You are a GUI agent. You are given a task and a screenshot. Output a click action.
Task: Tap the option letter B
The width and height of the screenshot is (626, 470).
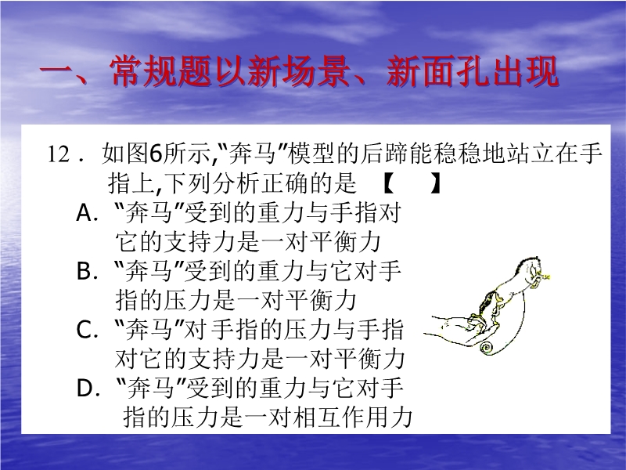[x=85, y=271]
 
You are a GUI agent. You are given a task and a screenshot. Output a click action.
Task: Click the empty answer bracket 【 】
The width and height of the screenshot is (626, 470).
[x=412, y=184]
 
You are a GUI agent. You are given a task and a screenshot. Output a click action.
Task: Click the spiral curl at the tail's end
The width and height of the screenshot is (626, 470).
[x=486, y=347]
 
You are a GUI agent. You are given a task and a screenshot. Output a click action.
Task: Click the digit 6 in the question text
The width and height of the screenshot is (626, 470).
[x=156, y=154]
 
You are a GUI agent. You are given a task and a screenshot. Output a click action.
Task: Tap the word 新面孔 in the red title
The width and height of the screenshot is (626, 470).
[x=438, y=71]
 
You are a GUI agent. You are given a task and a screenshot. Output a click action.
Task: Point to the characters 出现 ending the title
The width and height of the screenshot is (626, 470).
[x=525, y=71]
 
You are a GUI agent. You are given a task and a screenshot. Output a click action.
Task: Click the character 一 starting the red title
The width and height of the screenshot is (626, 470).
[x=56, y=71]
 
